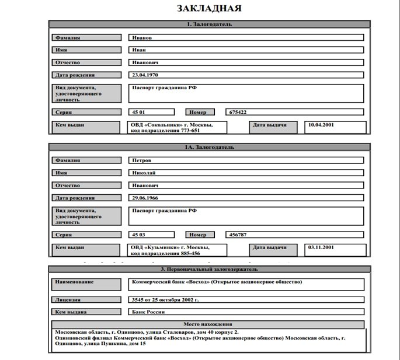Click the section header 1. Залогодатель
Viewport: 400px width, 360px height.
pos(209,25)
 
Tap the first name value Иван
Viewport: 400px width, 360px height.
pos(139,50)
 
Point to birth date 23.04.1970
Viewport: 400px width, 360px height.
pos(145,75)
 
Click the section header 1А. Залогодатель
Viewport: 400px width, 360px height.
pos(209,147)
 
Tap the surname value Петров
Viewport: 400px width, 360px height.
pos(142,160)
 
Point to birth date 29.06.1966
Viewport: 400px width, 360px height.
pos(145,198)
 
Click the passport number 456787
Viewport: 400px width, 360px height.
pos(238,235)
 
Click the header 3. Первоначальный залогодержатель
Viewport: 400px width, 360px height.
pos(209,270)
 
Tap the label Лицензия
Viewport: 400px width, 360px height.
pos(68,299)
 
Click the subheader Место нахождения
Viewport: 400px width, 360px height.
pos(208,324)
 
